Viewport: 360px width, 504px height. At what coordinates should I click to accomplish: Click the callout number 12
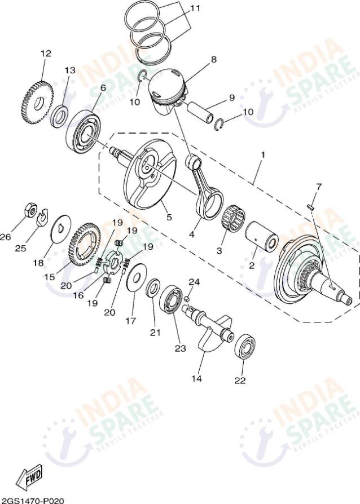click(46, 54)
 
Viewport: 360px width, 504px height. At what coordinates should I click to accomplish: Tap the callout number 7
click(318, 187)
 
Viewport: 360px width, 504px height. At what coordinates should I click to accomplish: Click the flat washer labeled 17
click(135, 277)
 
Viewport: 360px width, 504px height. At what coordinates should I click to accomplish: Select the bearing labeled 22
click(245, 347)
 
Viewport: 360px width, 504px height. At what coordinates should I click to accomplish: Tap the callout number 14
click(196, 379)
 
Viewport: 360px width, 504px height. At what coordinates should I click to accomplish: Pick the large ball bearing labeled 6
click(84, 134)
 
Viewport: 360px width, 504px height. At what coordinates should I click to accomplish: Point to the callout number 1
click(262, 153)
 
